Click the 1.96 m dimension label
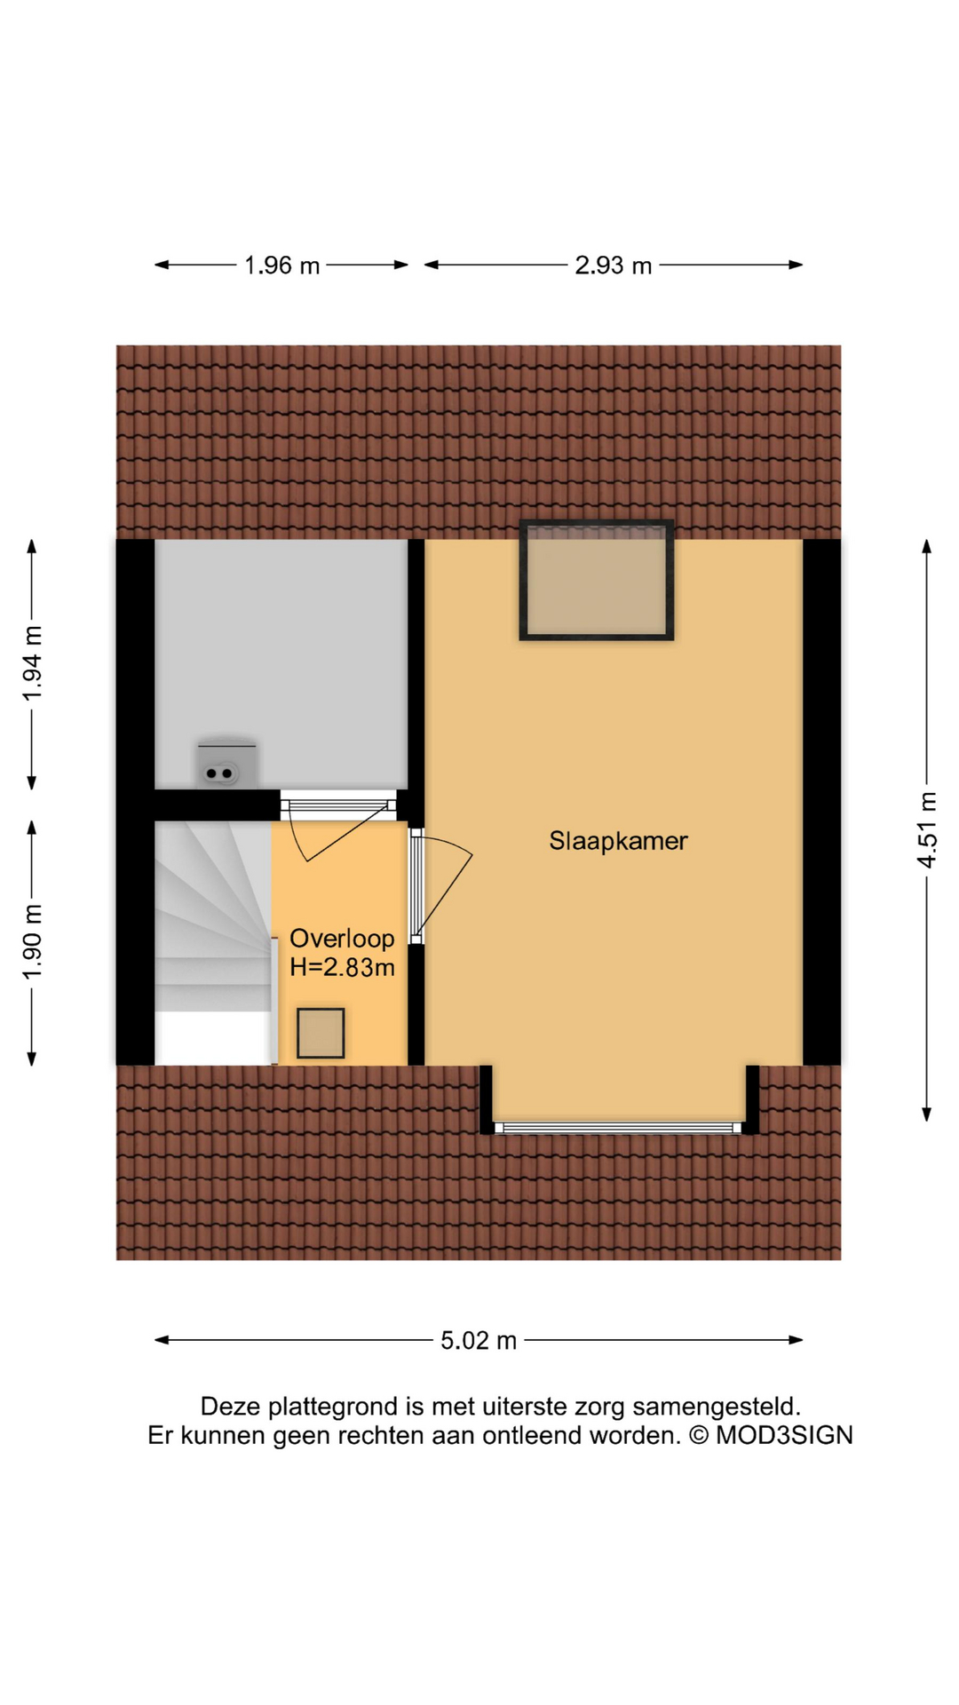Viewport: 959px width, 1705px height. click(x=281, y=266)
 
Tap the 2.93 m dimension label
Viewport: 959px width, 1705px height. click(x=613, y=266)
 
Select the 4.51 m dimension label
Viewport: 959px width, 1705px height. click(x=927, y=830)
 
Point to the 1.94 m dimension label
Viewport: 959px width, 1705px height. click(x=33, y=663)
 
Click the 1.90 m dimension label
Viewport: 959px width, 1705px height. click(x=33, y=942)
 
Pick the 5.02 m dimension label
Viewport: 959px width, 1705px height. click(x=479, y=1340)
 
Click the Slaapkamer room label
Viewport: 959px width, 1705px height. click(x=618, y=841)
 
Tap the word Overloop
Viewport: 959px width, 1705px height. click(x=342, y=939)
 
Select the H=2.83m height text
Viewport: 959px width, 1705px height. click(x=342, y=967)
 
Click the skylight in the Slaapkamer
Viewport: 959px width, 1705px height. click(x=597, y=579)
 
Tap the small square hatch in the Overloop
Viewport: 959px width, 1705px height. click(x=321, y=1033)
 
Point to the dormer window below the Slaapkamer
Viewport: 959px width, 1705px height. click(x=618, y=1128)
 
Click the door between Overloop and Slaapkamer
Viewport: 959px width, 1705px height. click(x=439, y=886)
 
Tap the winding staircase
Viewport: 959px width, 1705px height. click(x=213, y=941)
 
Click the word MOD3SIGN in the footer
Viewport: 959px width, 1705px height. click(x=784, y=1435)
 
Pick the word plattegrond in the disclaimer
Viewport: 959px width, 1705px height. click(x=333, y=1408)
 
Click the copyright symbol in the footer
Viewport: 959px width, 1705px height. click(x=699, y=1435)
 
